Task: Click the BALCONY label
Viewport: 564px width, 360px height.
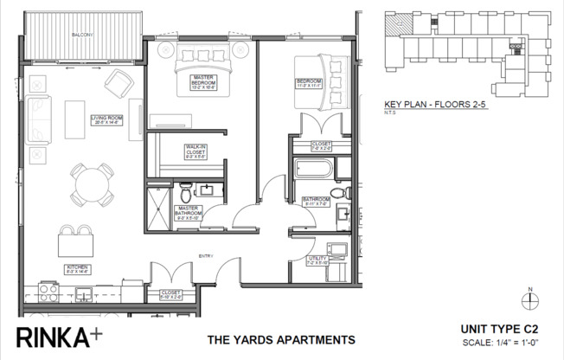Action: (x=82, y=35)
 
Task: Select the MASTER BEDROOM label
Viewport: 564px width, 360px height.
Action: (x=203, y=82)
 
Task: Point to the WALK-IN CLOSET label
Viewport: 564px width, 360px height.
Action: (x=195, y=153)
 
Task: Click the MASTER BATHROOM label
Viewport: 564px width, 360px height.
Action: (x=188, y=214)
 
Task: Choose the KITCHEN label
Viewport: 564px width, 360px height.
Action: (x=78, y=268)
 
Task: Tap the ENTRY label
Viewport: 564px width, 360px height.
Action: (x=206, y=255)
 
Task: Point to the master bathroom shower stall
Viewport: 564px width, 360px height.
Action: (x=159, y=207)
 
